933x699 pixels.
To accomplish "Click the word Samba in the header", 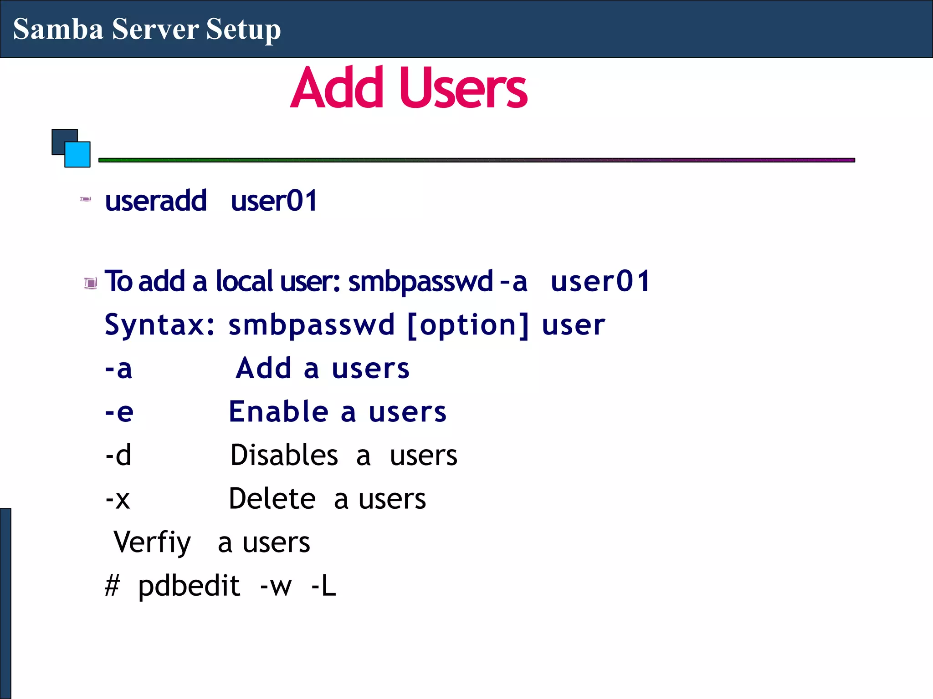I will [x=58, y=29].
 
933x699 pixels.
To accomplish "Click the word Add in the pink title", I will [x=337, y=88].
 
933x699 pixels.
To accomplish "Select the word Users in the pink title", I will [x=463, y=88].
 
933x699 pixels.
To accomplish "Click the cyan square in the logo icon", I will [x=78, y=155].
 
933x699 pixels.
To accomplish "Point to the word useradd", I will [x=155, y=201].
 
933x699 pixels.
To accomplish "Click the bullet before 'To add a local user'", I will [x=91, y=283].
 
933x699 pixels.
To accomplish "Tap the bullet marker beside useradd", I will [x=86, y=199].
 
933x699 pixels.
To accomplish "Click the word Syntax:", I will [x=159, y=325].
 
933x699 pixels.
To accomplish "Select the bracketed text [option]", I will [x=468, y=325].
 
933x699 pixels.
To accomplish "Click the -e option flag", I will [x=119, y=412].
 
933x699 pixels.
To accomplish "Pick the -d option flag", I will [x=118, y=455].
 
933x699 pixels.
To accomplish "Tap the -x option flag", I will [x=118, y=499].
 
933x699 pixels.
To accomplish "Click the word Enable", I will [x=278, y=411].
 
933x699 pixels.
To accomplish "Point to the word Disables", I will [x=284, y=455].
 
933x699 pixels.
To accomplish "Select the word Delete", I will [x=272, y=498].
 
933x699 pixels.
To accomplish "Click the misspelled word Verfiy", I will [x=152, y=542].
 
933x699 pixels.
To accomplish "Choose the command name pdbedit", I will [x=189, y=586].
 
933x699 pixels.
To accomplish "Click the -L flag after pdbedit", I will [x=323, y=586].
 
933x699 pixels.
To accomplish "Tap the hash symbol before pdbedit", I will [x=112, y=586].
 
